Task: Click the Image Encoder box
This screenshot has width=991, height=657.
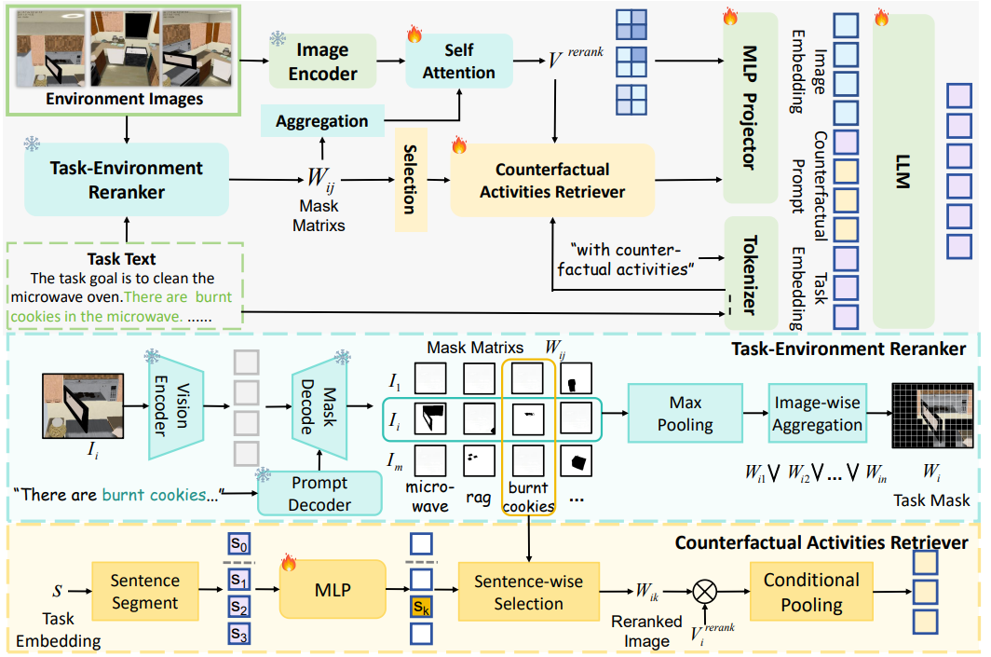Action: (322, 62)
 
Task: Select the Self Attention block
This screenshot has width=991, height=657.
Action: (458, 61)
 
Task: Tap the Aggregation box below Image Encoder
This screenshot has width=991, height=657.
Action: (322, 121)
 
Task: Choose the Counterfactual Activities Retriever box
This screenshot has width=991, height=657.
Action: (552, 181)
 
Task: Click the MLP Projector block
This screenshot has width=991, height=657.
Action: (750, 107)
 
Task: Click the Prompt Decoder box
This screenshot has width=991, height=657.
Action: (319, 493)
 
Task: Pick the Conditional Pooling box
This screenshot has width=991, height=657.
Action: (811, 592)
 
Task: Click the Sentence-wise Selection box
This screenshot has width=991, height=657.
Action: (528, 592)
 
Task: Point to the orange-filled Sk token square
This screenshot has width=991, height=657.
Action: (421, 609)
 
